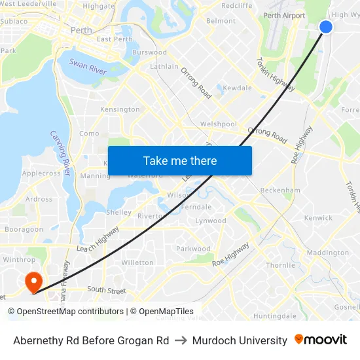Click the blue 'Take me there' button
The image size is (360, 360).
pyautogui.click(x=180, y=160)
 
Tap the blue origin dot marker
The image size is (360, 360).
pyautogui.click(x=326, y=26)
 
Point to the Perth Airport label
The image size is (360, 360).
pyautogui.click(x=284, y=15)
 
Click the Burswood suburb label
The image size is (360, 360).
pyautogui.click(x=149, y=52)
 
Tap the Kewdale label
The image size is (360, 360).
pyautogui.click(x=237, y=88)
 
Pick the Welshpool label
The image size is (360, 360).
pyautogui.click(x=218, y=124)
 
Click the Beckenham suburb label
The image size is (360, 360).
pyautogui.click(x=279, y=190)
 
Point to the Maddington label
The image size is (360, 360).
pyautogui.click(x=327, y=253)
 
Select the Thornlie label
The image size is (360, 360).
pyautogui.click(x=280, y=265)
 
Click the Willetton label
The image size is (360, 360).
pyautogui.click(x=137, y=262)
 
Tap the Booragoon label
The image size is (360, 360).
pyautogui.click(x=24, y=229)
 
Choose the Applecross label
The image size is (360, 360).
pyautogui.click(x=41, y=173)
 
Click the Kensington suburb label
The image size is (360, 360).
pyautogui.click(x=120, y=109)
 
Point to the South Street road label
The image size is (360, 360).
pyautogui.click(x=106, y=289)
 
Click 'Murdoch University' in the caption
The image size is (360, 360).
pyautogui.click(x=240, y=340)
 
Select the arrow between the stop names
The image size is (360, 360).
pyautogui.click(x=181, y=340)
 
